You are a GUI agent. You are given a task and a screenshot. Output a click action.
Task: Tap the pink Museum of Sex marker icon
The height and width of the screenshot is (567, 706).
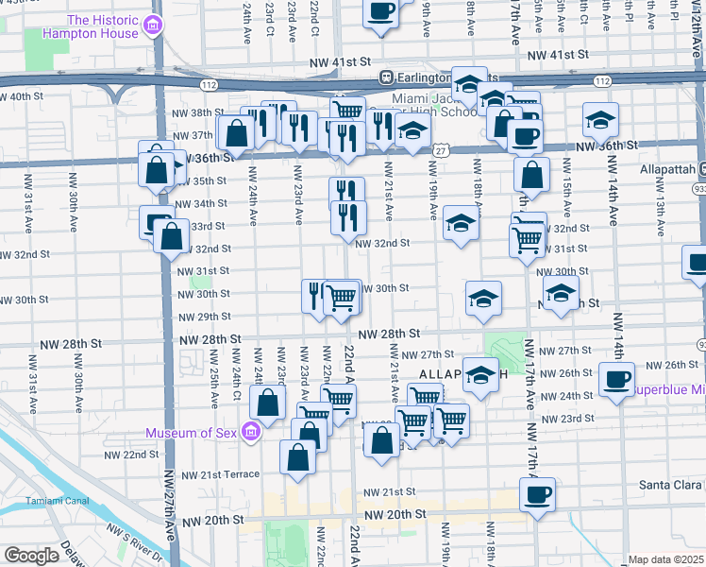pyautogui.click(x=251, y=433)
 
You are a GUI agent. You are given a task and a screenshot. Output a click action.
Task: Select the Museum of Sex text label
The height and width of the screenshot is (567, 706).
pyautogui.click(x=193, y=434)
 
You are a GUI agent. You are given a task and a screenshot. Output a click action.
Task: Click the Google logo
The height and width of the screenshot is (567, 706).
pyautogui.click(x=32, y=555)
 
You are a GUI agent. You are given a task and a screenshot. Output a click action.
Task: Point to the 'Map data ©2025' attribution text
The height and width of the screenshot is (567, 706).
pyautogui.click(x=665, y=559)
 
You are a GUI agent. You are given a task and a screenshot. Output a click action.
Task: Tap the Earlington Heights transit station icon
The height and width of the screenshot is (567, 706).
pyautogui.click(x=385, y=77)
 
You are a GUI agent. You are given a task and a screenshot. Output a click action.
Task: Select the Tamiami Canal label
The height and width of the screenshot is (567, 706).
pyautogui.click(x=50, y=500)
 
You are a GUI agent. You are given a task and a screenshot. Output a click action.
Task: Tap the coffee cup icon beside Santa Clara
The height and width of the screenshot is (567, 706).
pyautogui.click(x=537, y=492)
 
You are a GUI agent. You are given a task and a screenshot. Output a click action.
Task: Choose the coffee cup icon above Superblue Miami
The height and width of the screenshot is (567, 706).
pyautogui.click(x=616, y=380)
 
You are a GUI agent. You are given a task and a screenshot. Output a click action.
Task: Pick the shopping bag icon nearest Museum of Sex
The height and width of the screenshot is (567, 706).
pyautogui.click(x=269, y=403)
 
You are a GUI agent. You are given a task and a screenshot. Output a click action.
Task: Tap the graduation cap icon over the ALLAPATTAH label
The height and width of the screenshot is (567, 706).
pyautogui.click(x=480, y=373)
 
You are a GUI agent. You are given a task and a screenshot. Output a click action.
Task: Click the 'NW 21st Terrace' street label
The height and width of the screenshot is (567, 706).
pyautogui.click(x=220, y=474)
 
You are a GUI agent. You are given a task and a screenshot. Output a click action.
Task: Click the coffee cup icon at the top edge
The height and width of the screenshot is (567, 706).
pyautogui.click(x=379, y=11)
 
